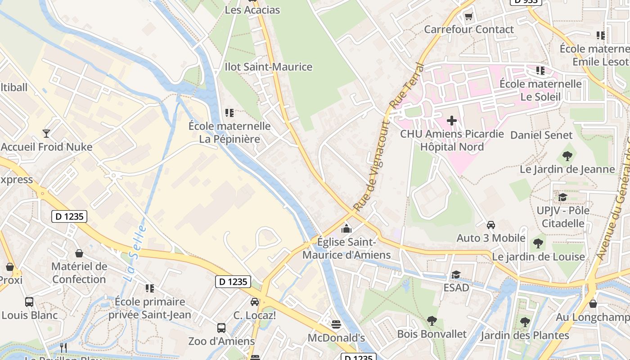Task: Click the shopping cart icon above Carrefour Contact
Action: [x=468, y=17]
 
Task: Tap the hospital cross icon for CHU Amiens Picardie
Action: [x=452, y=121]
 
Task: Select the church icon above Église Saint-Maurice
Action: [x=346, y=229]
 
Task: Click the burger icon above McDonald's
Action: [x=336, y=324]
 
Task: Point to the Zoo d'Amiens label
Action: [x=221, y=341]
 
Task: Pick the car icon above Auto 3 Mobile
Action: [x=491, y=225]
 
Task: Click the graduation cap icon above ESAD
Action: [x=456, y=274]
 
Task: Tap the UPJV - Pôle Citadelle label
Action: [x=563, y=217]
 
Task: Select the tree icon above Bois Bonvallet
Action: [x=432, y=321]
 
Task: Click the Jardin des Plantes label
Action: [x=525, y=335]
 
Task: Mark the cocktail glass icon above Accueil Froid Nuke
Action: [x=46, y=133]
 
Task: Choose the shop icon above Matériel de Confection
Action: [x=79, y=253]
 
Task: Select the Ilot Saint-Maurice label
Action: [x=268, y=67]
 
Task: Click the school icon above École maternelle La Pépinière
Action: [x=230, y=112]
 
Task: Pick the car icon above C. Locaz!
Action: [x=255, y=301]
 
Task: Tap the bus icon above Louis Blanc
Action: [x=29, y=301]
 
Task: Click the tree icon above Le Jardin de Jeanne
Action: [x=567, y=156]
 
